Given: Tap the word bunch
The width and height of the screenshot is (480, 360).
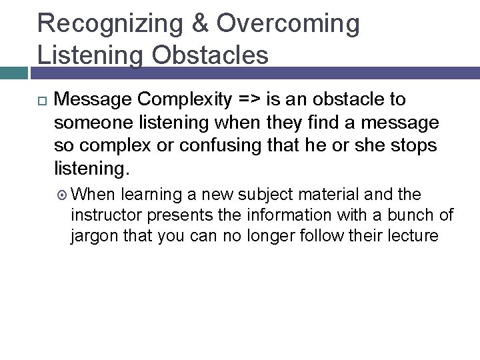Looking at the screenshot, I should click(415, 215).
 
